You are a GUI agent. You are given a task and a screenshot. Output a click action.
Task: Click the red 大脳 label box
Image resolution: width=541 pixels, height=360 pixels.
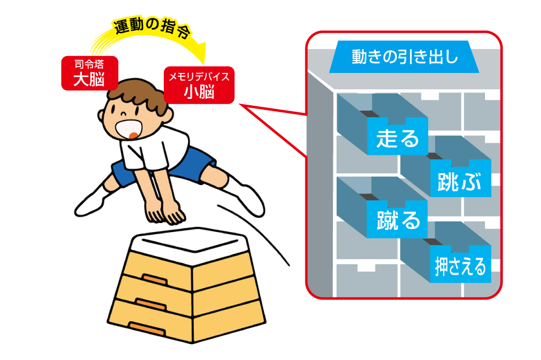point(90,73)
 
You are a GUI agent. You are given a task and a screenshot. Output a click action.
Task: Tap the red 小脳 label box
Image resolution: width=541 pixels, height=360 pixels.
point(199,85)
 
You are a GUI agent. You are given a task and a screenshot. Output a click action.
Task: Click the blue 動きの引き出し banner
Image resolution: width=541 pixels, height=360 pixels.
point(404,57)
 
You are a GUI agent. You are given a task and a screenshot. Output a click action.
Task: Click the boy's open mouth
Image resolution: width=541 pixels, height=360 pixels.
point(129,130)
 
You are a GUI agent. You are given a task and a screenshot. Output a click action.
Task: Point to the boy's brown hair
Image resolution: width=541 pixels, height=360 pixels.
point(139,93)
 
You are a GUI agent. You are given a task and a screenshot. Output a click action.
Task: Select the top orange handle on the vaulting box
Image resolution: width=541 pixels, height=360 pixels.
point(155,279)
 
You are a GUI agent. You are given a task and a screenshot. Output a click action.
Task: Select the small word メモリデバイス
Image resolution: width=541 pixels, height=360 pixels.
point(199,77)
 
